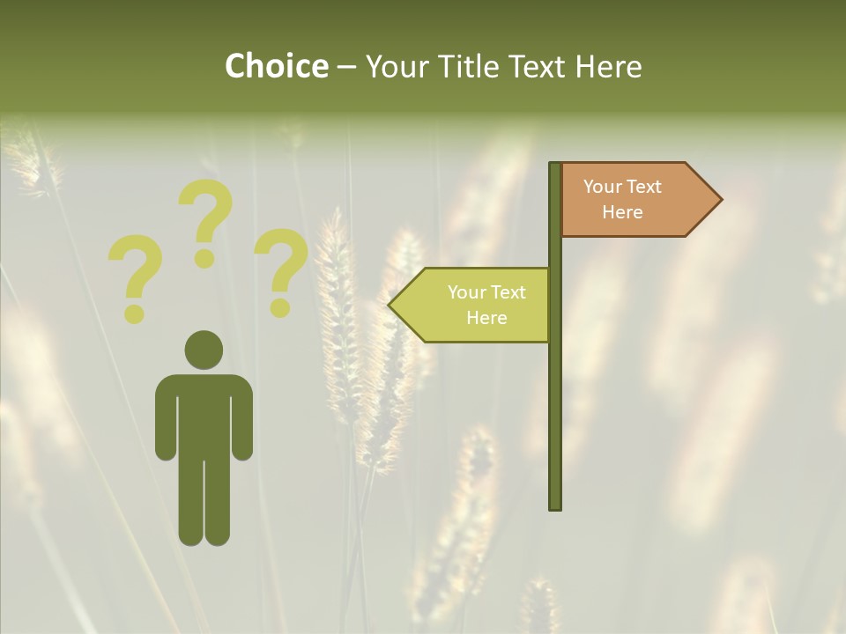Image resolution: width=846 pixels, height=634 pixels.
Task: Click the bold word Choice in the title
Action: (x=276, y=66)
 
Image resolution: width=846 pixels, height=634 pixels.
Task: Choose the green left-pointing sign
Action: (x=476, y=305)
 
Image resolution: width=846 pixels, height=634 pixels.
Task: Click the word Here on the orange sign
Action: (x=622, y=212)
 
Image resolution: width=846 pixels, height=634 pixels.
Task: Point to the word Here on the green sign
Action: (x=486, y=318)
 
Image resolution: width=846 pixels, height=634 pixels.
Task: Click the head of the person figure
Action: (x=204, y=350)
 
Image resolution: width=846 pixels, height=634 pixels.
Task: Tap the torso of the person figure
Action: (x=204, y=414)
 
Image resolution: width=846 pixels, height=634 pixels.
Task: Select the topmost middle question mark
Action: (x=205, y=220)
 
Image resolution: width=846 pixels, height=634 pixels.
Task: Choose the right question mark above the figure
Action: (x=281, y=269)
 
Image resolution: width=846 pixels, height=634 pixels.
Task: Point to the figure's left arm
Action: (x=165, y=423)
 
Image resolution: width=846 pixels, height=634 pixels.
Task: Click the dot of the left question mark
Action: (x=134, y=313)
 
